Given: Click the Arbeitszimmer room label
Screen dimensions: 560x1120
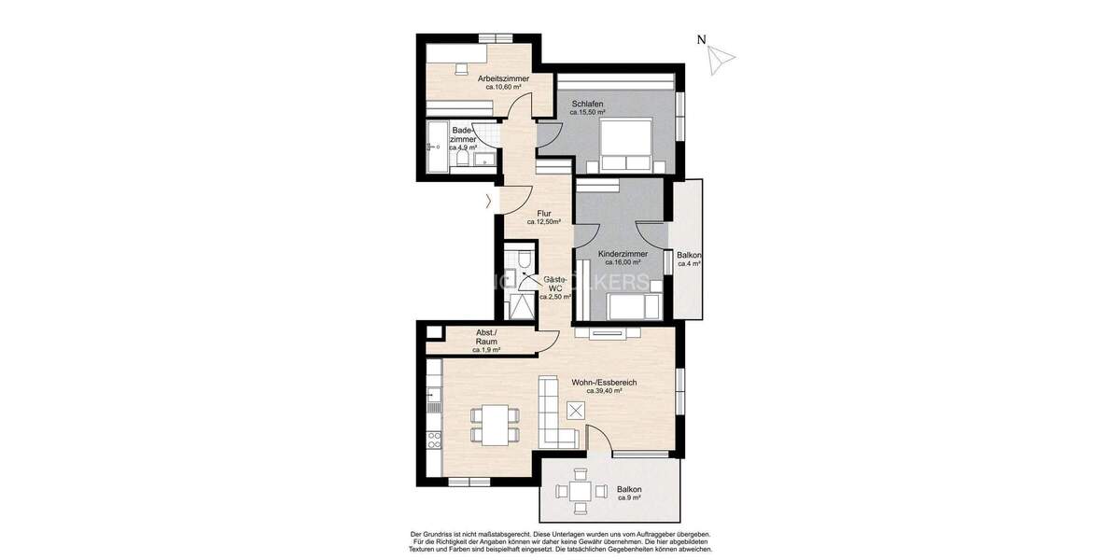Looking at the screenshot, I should [x=503, y=78].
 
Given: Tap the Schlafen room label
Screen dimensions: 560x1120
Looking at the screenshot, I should [x=587, y=104].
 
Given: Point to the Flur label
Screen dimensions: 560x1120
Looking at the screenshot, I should [x=543, y=214].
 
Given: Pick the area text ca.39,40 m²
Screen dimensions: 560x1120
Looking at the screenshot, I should [x=604, y=392].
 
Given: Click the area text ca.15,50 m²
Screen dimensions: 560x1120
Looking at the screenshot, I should [x=587, y=113].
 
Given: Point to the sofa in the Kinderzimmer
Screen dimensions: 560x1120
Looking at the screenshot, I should [x=635, y=305].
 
